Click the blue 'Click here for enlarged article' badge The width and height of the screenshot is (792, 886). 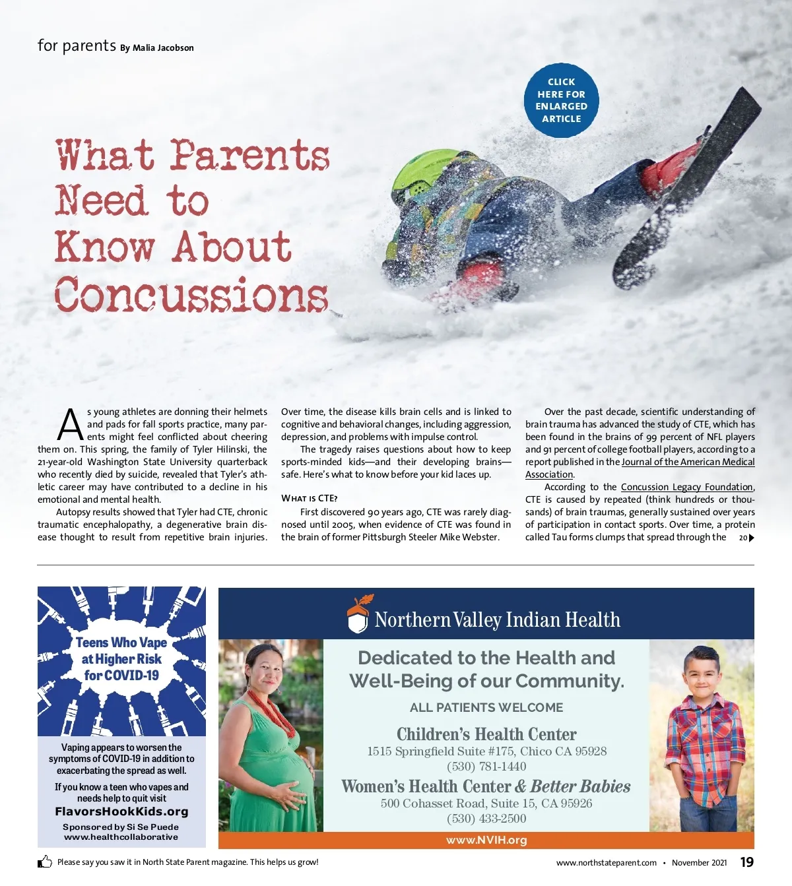[x=561, y=100]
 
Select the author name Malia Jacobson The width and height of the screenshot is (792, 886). [x=163, y=48]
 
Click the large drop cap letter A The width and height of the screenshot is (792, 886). [x=70, y=426]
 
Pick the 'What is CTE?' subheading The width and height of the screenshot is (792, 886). [x=309, y=498]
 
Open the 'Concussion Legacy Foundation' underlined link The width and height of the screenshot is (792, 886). [x=686, y=487]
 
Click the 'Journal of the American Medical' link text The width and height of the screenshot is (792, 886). [x=688, y=462]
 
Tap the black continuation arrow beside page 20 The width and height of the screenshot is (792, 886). [x=751, y=538]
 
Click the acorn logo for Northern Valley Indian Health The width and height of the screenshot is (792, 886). [x=358, y=614]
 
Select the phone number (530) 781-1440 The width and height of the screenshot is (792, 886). [x=486, y=767]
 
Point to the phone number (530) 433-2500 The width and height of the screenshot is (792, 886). [x=486, y=819]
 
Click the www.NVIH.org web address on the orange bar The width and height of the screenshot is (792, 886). [x=486, y=840]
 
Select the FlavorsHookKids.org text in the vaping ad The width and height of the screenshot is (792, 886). [x=121, y=811]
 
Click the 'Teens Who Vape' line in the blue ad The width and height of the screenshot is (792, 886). [x=121, y=643]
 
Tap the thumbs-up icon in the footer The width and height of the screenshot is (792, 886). [x=45, y=862]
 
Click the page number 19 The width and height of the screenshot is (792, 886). [x=746, y=862]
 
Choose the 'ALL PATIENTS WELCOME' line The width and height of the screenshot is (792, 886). [x=486, y=707]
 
